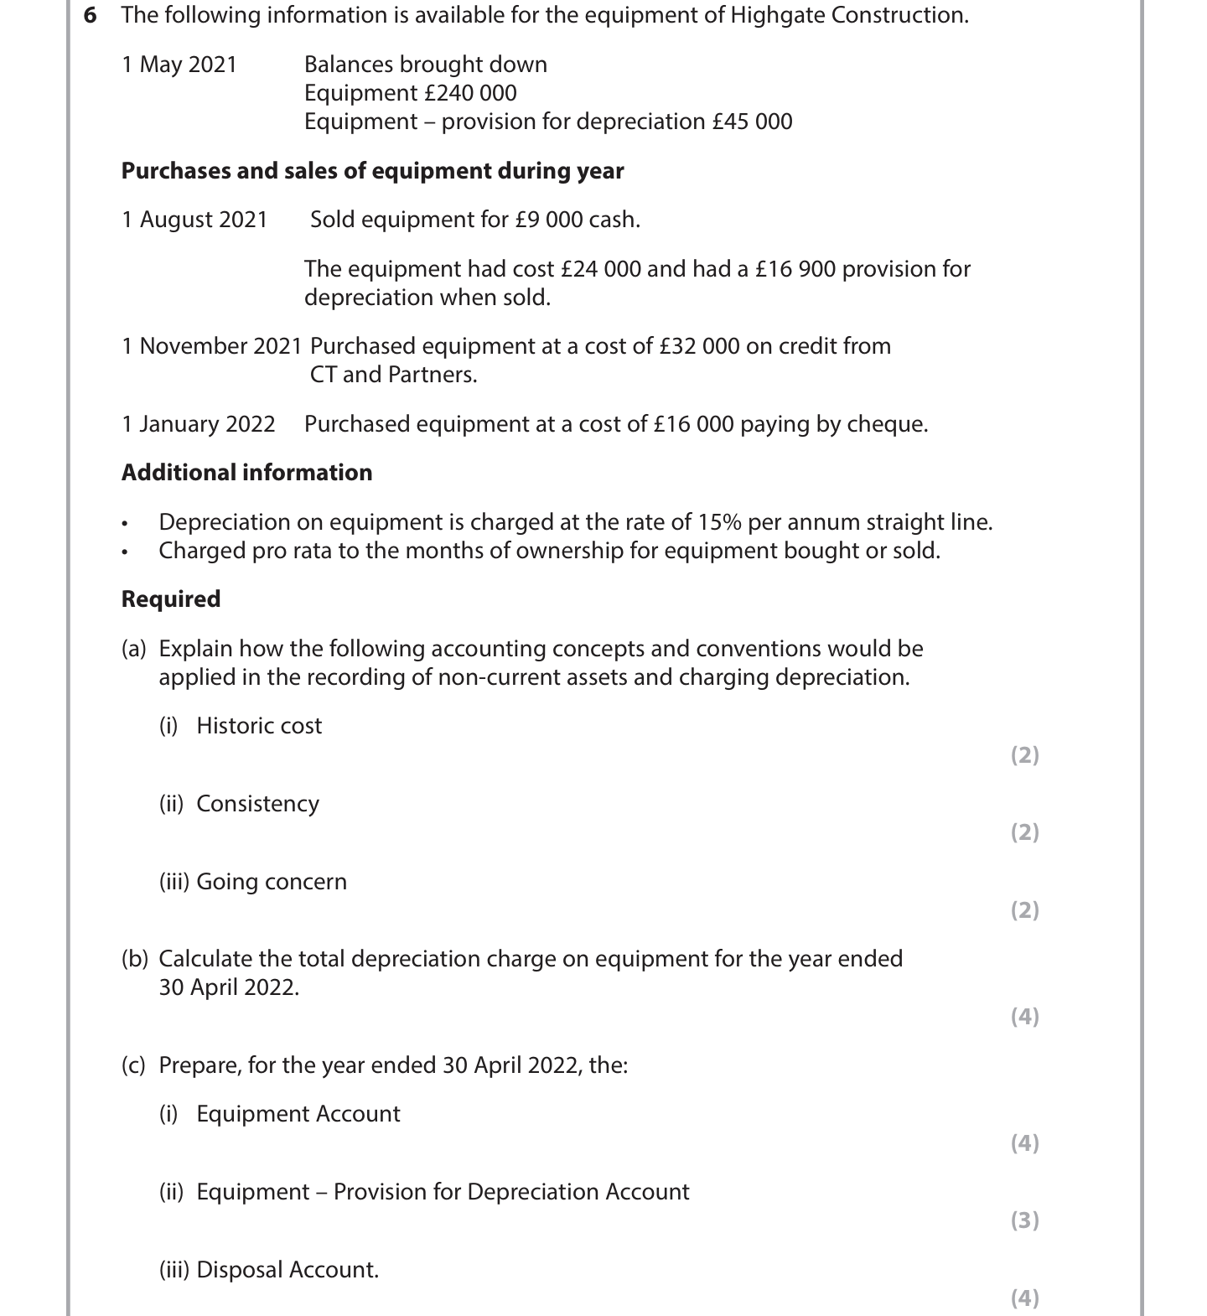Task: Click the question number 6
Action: click(x=90, y=15)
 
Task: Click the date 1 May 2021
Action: click(x=179, y=65)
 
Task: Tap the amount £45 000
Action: click(x=752, y=122)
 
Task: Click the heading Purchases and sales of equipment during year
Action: click(x=372, y=171)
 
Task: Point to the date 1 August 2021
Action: click(x=194, y=220)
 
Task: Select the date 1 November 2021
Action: click(x=211, y=346)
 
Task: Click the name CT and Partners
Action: click(x=393, y=375)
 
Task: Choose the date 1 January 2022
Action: click(x=199, y=424)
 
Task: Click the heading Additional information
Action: click(x=246, y=473)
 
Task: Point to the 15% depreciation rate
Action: click(x=719, y=522)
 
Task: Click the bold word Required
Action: click(x=171, y=599)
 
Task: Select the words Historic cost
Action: click(x=259, y=726)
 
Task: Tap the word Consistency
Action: click(x=257, y=804)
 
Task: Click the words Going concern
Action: click(x=272, y=882)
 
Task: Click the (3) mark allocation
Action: click(x=1024, y=1220)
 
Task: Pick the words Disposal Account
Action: click(x=288, y=1270)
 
